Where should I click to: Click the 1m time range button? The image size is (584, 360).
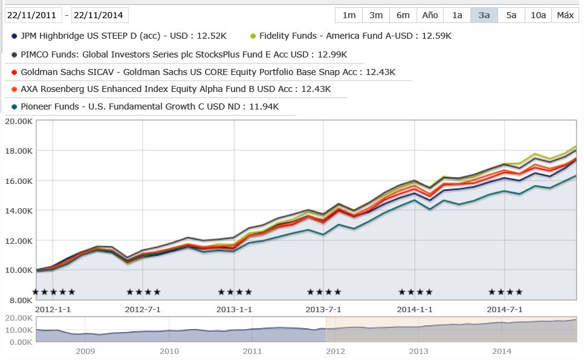[349, 15]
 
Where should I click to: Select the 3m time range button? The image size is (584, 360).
[376, 15]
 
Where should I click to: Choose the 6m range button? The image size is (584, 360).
[403, 15]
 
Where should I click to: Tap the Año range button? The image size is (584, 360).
[430, 15]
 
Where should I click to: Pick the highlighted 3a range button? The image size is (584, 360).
[484, 15]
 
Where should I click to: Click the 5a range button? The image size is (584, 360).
[511, 15]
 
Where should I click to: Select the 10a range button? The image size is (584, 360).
[538, 15]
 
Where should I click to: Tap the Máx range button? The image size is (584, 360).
[565, 15]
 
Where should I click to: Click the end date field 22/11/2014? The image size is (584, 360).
[100, 15]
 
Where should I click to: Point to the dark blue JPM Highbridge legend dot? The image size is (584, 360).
[14, 36]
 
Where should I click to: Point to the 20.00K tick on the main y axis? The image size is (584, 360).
[18, 121]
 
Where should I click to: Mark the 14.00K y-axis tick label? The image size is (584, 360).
[18, 211]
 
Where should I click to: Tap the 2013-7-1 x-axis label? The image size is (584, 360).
[323, 309]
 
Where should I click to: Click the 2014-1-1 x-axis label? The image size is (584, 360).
[415, 309]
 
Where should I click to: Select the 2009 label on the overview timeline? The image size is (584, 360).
[85, 351]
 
